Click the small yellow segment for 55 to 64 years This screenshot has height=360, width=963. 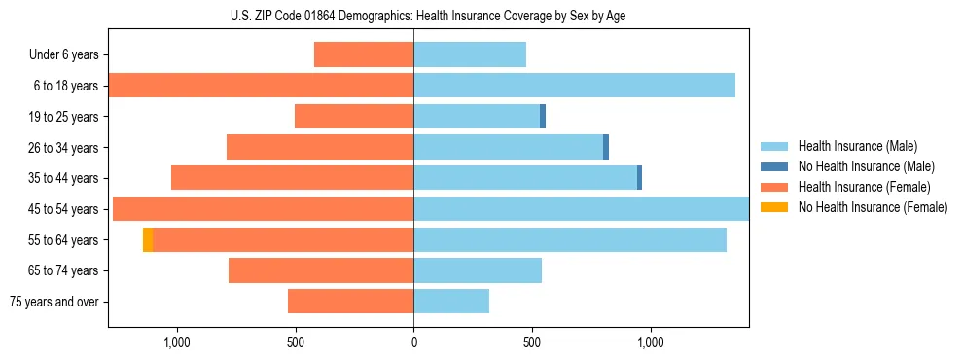pos(148,239)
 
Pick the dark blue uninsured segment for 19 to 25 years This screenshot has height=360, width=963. pos(543,117)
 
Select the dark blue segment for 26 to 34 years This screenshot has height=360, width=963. pos(606,147)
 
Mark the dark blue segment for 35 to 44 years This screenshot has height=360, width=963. pos(639,178)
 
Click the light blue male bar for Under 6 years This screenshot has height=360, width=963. pos(470,54)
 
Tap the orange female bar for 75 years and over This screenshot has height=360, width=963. pos(350,302)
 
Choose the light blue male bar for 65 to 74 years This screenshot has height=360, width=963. pos(478,270)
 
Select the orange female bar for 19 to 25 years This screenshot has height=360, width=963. pos(354,117)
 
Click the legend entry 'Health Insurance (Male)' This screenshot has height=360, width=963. pos(857,146)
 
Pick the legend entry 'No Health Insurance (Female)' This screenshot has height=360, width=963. pos(873,207)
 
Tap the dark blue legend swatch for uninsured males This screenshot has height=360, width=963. pos(774,166)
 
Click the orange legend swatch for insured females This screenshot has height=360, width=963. pos(774,187)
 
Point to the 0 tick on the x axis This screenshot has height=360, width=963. pos(413,342)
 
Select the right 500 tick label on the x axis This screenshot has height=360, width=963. pos(532,342)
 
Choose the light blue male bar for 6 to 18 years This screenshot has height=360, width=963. pos(574,86)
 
